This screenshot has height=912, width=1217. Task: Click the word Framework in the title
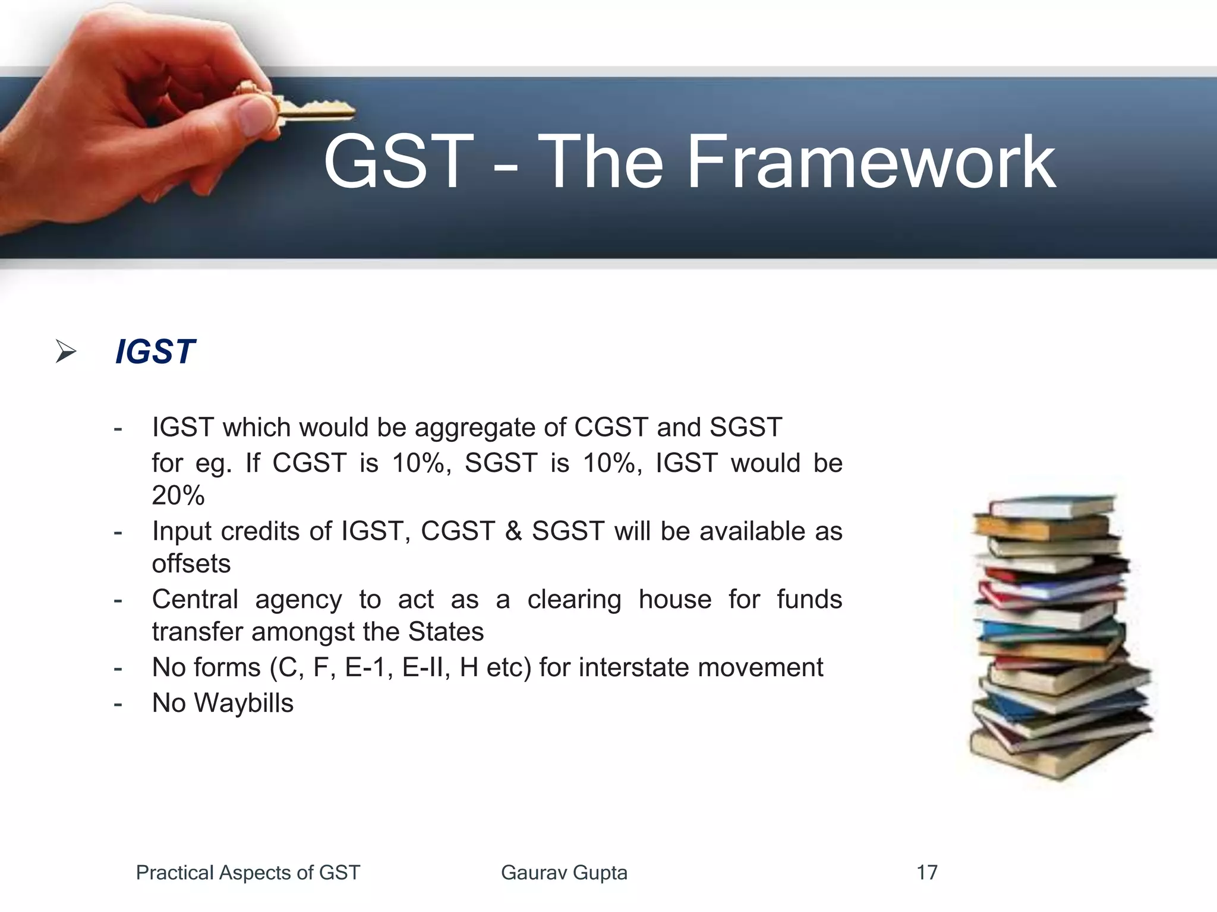(871, 162)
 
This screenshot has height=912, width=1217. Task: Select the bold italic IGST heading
(155, 351)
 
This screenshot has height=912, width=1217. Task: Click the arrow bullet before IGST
(65, 351)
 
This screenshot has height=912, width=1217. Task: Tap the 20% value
(178, 496)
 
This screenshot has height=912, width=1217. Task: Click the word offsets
(191, 564)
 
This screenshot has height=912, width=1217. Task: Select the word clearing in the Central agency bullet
(574, 600)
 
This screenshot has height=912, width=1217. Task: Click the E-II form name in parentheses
(422, 667)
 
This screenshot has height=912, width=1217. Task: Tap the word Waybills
(244, 704)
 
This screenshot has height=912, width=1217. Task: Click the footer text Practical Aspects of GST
(248, 873)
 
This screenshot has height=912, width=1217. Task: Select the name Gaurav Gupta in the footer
(564, 873)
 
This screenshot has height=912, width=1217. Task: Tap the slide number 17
(926, 873)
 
